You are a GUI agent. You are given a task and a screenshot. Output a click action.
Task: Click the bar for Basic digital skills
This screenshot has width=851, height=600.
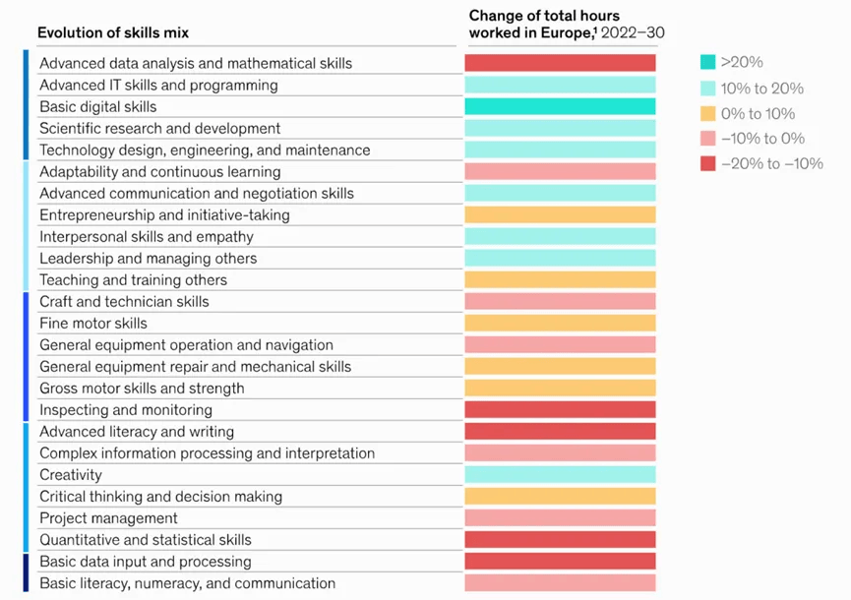pyautogui.click(x=560, y=106)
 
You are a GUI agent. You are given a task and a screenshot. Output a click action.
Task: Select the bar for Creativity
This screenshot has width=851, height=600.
pyautogui.click(x=560, y=475)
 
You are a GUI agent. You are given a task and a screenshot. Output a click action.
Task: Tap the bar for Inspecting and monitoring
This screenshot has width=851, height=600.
pyautogui.click(x=560, y=410)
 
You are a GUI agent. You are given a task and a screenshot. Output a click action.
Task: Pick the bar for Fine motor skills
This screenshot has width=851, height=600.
pyautogui.click(x=560, y=324)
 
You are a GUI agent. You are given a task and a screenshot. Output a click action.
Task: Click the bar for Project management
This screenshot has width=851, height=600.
pyautogui.click(x=560, y=518)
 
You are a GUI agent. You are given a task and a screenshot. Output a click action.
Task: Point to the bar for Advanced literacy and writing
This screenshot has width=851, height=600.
pyautogui.click(x=560, y=432)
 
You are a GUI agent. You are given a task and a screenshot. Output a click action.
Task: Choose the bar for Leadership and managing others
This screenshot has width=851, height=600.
pyautogui.click(x=560, y=259)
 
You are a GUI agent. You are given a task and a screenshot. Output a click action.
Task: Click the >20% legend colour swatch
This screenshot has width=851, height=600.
pyautogui.click(x=708, y=62)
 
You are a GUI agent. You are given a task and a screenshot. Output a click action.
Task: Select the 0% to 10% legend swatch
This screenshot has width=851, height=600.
pyautogui.click(x=708, y=113)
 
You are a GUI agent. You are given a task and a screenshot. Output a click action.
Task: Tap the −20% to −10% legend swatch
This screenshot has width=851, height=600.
pyautogui.click(x=708, y=164)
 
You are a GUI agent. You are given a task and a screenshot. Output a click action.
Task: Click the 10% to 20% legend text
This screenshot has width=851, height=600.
pyautogui.click(x=761, y=88)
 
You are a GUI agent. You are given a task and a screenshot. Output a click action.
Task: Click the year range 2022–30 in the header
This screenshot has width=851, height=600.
pyautogui.click(x=634, y=33)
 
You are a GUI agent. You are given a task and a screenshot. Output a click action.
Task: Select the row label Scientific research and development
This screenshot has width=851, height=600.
pyautogui.click(x=159, y=129)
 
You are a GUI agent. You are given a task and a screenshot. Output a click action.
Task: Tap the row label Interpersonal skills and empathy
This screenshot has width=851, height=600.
pyautogui.click(x=146, y=237)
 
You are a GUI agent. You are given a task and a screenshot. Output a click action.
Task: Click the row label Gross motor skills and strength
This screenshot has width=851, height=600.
pyautogui.click(x=142, y=389)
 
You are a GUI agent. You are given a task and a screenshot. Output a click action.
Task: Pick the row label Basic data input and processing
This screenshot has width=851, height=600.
pyautogui.click(x=145, y=562)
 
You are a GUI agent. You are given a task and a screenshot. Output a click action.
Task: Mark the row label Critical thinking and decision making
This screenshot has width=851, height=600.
pyautogui.click(x=160, y=497)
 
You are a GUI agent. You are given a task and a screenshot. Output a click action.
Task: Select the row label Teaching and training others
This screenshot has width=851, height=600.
pyautogui.click(x=133, y=280)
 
